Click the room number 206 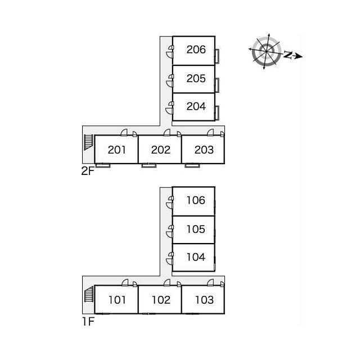click(x=196, y=49)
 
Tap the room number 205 click(x=196, y=79)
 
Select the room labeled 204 click(x=196, y=106)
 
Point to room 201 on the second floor click(x=116, y=150)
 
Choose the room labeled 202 click(x=161, y=150)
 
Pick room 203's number click(x=204, y=150)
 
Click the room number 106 click(x=196, y=200)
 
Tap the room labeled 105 click(x=196, y=229)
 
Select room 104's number click(x=196, y=257)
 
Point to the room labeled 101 click(x=117, y=300)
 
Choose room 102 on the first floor click(x=161, y=300)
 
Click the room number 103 click(x=204, y=300)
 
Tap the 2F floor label click(x=88, y=171)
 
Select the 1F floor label click(x=88, y=321)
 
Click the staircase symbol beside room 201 click(x=88, y=142)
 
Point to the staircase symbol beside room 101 click(x=89, y=294)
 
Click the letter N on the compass click(x=287, y=55)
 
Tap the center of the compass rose click(x=267, y=51)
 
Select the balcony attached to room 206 click(x=217, y=56)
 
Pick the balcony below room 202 click(x=148, y=165)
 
